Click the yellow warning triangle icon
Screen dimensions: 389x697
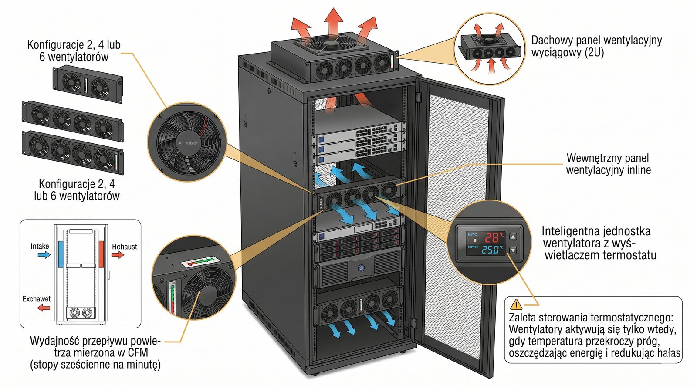pos(516,304)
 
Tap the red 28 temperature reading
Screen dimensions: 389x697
pos(492,238)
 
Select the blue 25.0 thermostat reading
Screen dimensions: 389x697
pos(490,250)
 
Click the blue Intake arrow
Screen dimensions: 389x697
pos(44,255)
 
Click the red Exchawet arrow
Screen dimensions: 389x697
pos(44,308)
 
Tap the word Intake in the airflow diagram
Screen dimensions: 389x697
pos(40,246)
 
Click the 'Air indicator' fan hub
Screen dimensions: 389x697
pos(188,142)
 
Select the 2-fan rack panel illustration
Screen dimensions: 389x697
pos(88,84)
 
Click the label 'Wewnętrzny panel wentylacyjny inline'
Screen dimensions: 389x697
pos(608,164)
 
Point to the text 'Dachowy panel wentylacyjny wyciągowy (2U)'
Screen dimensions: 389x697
pos(596,46)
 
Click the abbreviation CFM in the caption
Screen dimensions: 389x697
pos(138,352)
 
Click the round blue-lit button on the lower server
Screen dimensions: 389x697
pos(361,268)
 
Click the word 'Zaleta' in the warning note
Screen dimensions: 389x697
pos(522,318)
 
